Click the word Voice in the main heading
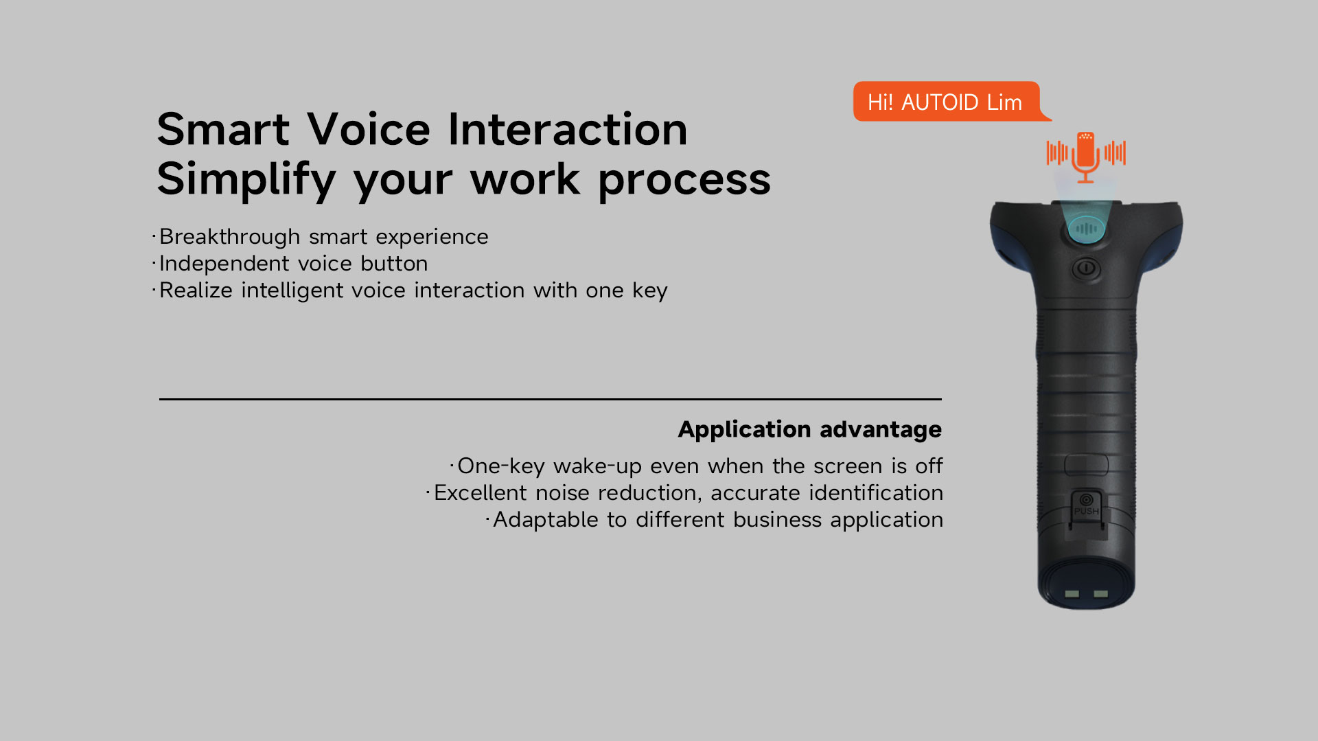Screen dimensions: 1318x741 (x=369, y=129)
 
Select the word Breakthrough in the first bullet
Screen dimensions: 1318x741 (x=230, y=237)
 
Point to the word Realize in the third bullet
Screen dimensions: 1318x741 (x=196, y=290)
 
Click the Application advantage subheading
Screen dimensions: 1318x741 (x=810, y=430)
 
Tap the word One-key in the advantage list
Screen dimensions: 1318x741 (x=501, y=467)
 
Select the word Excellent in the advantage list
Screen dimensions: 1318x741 (x=481, y=493)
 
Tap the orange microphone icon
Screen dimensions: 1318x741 (x=1085, y=157)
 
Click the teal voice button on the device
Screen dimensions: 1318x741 (x=1086, y=228)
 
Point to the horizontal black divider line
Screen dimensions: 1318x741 (x=551, y=399)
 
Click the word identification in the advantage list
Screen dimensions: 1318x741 (x=876, y=493)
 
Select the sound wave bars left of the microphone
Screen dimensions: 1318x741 (x=1057, y=152)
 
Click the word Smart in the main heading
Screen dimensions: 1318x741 (x=223, y=129)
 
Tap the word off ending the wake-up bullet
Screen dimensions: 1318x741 (x=929, y=466)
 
